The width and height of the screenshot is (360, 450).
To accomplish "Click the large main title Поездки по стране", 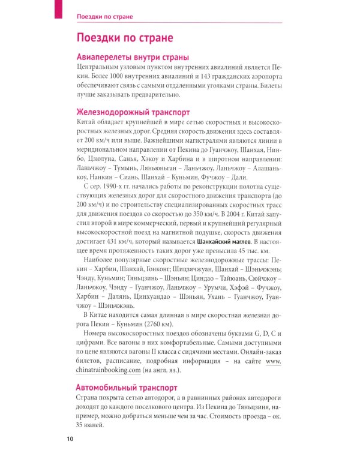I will pos(125,38).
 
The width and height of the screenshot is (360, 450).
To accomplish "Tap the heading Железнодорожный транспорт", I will pos(133,112).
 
